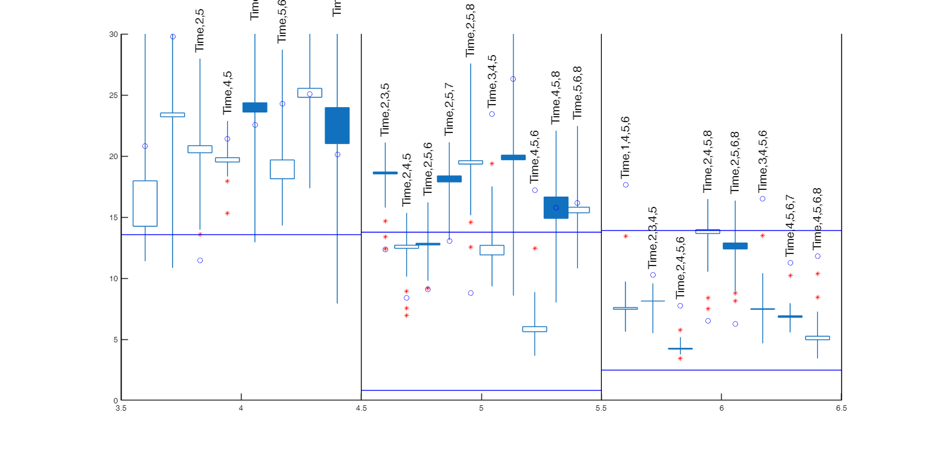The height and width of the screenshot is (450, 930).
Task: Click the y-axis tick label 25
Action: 113,96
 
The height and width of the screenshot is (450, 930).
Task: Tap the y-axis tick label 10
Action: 113,279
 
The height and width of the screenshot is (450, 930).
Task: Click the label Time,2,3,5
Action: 385,109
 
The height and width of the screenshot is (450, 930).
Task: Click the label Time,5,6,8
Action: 578,93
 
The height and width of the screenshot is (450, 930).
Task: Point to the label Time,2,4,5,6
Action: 681,268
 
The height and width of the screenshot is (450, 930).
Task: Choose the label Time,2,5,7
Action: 449,109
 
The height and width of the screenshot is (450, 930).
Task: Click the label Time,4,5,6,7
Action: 790,226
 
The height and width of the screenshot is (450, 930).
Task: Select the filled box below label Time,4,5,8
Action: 556,207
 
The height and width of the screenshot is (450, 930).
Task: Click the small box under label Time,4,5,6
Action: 535,329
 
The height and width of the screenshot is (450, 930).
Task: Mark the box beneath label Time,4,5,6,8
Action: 817,338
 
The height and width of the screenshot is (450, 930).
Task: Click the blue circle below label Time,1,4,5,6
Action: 625,184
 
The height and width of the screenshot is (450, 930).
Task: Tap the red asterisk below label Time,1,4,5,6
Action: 625,236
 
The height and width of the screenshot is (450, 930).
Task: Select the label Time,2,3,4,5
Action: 653,237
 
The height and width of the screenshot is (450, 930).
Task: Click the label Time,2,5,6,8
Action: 736,162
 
